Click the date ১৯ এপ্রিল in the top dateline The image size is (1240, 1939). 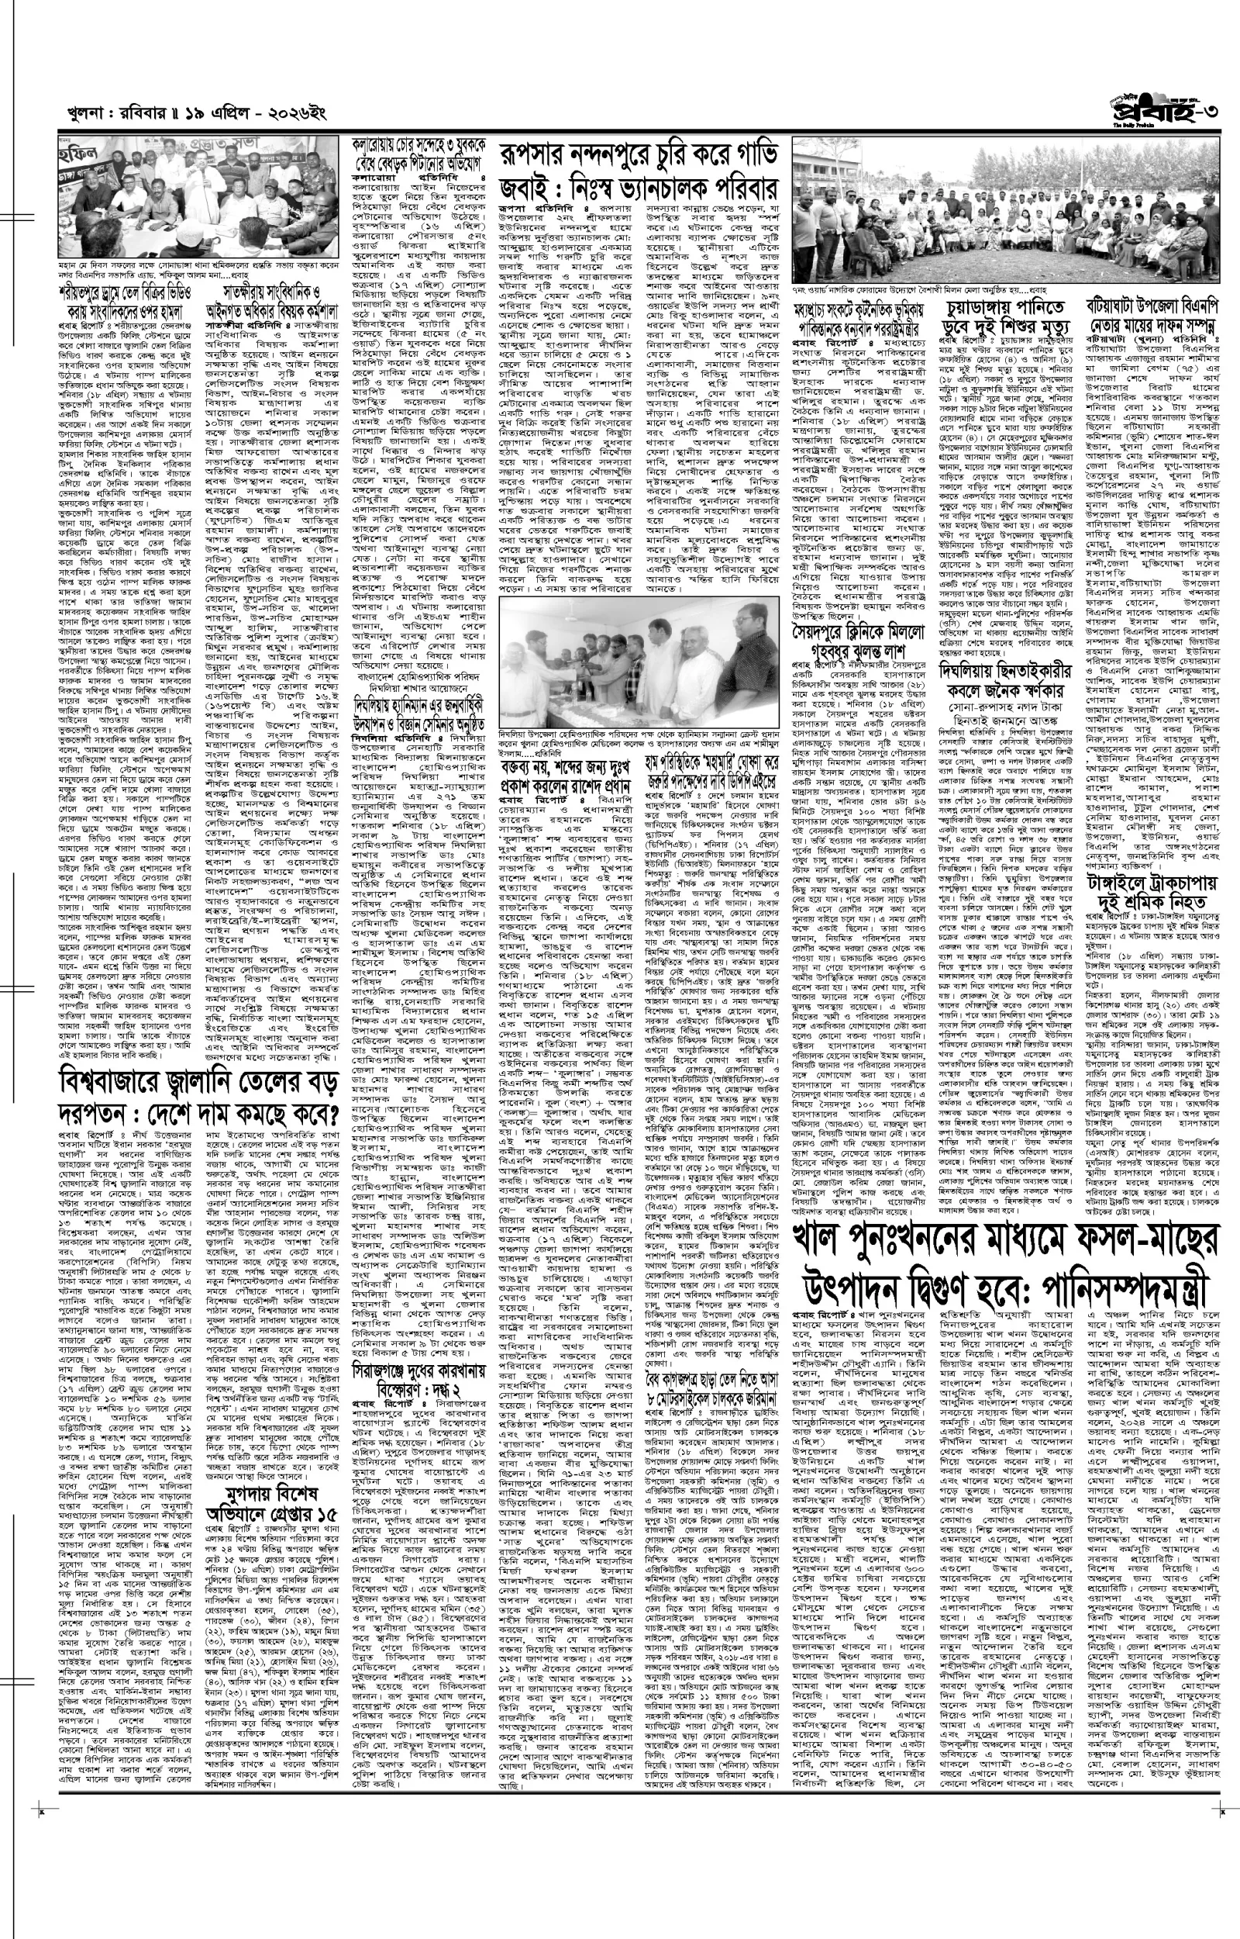(201, 118)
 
